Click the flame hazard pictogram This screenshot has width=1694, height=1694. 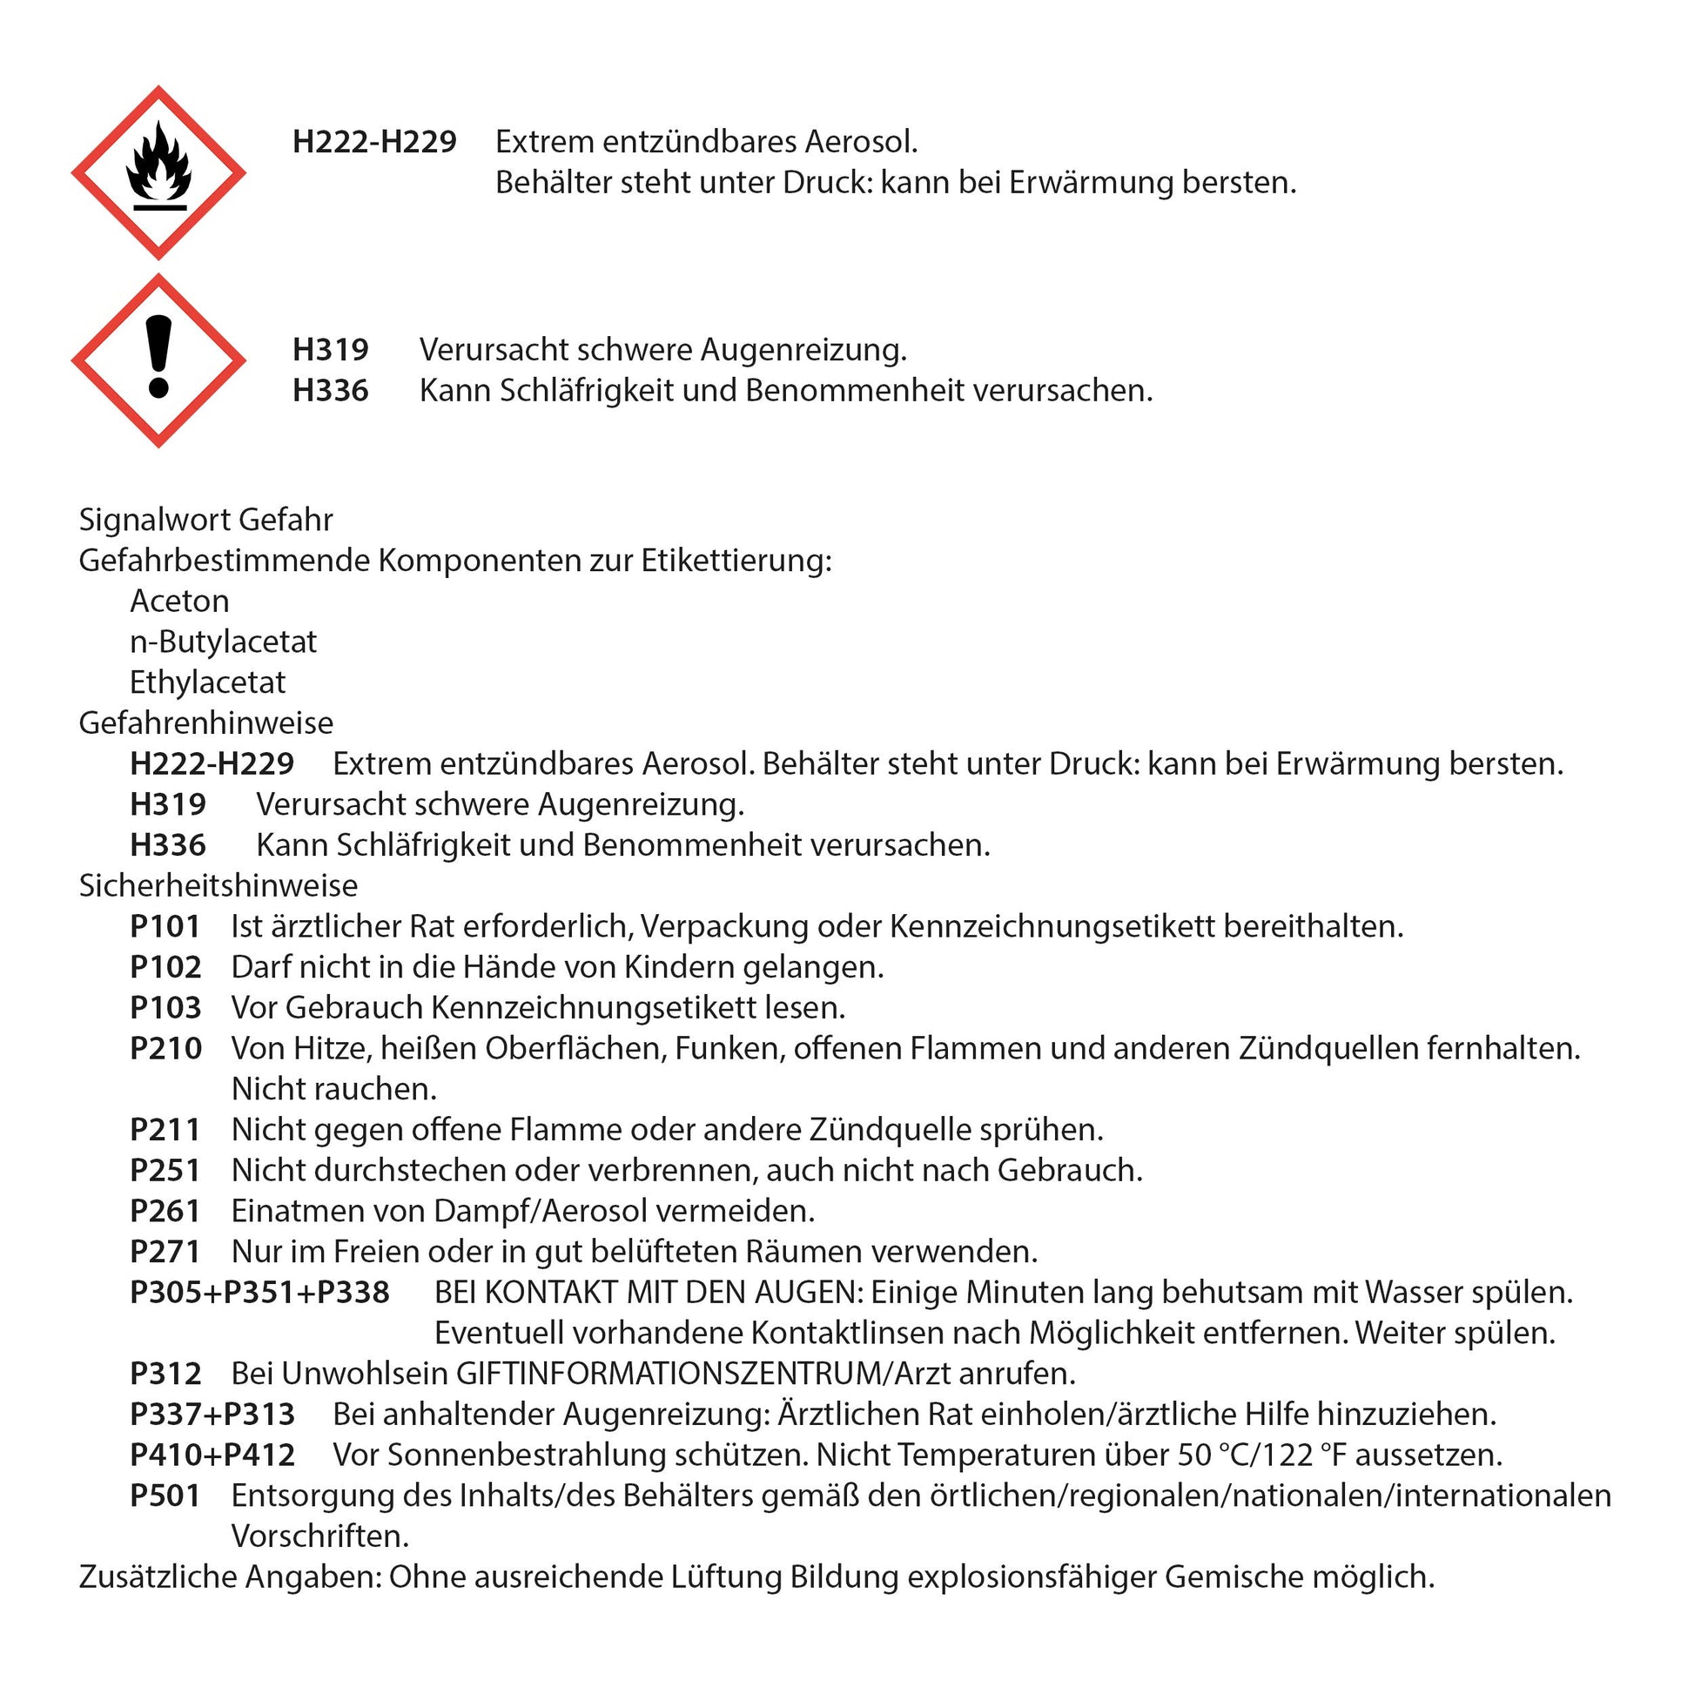pyautogui.click(x=158, y=172)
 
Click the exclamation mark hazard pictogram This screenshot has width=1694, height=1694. pyautogui.click(x=158, y=360)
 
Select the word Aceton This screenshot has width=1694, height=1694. pyautogui.click(x=179, y=602)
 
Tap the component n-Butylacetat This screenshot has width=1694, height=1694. pyautogui.click(x=223, y=642)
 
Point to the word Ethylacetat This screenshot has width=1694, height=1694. pyautogui.click(x=208, y=682)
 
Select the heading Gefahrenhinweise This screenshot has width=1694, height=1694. pyautogui.click(x=206, y=723)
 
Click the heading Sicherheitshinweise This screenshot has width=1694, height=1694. pyautogui.click(x=218, y=885)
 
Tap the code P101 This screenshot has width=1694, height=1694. pyautogui.click(x=165, y=927)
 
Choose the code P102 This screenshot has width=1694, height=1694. pyautogui.click(x=165, y=967)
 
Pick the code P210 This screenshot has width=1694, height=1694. pyautogui.click(x=165, y=1049)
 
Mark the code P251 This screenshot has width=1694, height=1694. pyautogui.click(x=165, y=1171)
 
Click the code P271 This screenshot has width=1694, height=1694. pyautogui.click(x=165, y=1252)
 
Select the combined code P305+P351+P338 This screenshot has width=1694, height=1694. pyautogui.click(x=259, y=1293)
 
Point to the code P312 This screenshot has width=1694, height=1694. pyautogui.click(x=165, y=1374)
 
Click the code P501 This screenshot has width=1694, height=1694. pyautogui.click(x=165, y=1496)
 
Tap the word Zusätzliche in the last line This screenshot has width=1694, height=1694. pyautogui.click(x=158, y=1577)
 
